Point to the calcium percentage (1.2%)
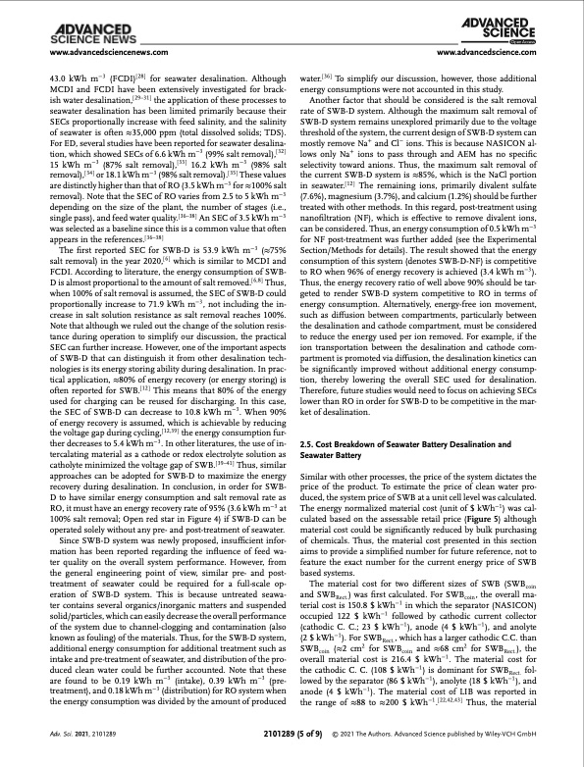point(453,239)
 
